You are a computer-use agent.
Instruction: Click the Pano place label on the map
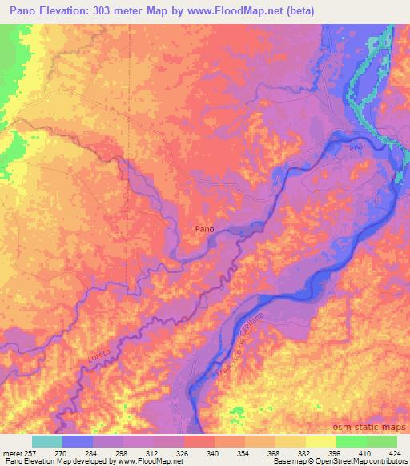point(204,229)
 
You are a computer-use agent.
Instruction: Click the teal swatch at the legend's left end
point(47,440)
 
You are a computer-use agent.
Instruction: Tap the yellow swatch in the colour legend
point(320,440)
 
